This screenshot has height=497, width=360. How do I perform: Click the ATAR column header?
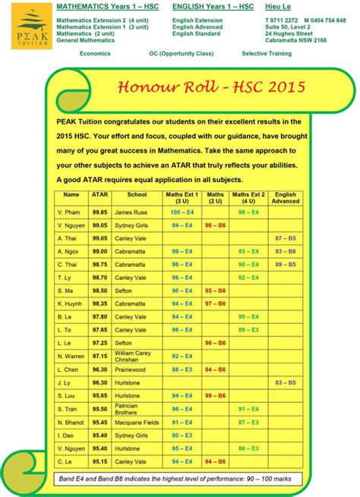[99, 195]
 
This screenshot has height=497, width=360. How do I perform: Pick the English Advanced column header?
[285, 198]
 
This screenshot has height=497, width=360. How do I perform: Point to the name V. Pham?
[68, 212]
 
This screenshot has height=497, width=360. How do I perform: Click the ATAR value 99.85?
[99, 212]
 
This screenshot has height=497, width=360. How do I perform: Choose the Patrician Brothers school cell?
[127, 408]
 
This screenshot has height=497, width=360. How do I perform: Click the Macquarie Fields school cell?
[137, 422]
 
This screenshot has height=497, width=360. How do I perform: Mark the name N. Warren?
[71, 356]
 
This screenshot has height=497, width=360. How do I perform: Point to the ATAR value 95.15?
[99, 461]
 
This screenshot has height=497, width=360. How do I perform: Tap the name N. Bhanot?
[71, 422]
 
